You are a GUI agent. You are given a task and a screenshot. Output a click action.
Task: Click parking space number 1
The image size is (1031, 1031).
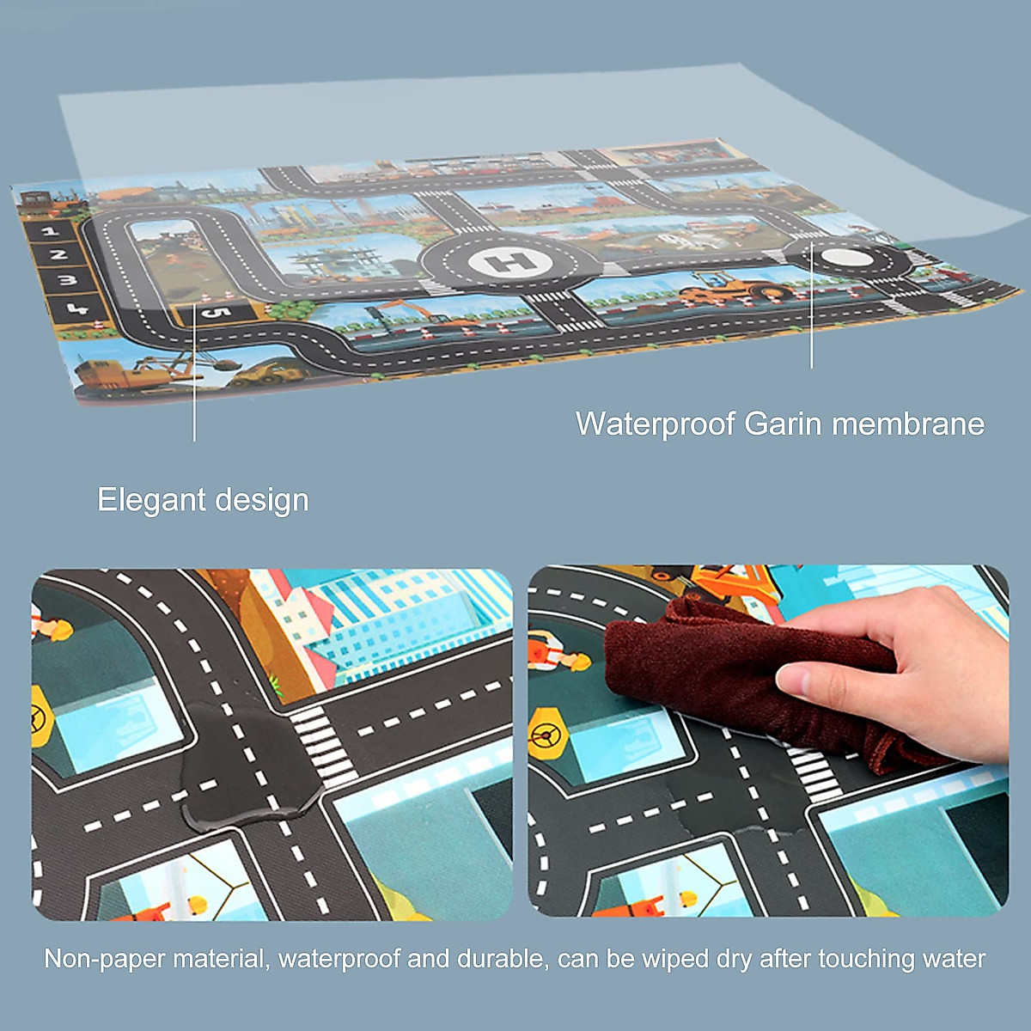point(49,231)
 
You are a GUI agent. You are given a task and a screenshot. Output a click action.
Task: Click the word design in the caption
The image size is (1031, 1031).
point(261,501)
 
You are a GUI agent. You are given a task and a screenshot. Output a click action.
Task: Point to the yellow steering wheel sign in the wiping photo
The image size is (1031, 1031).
point(546,735)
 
